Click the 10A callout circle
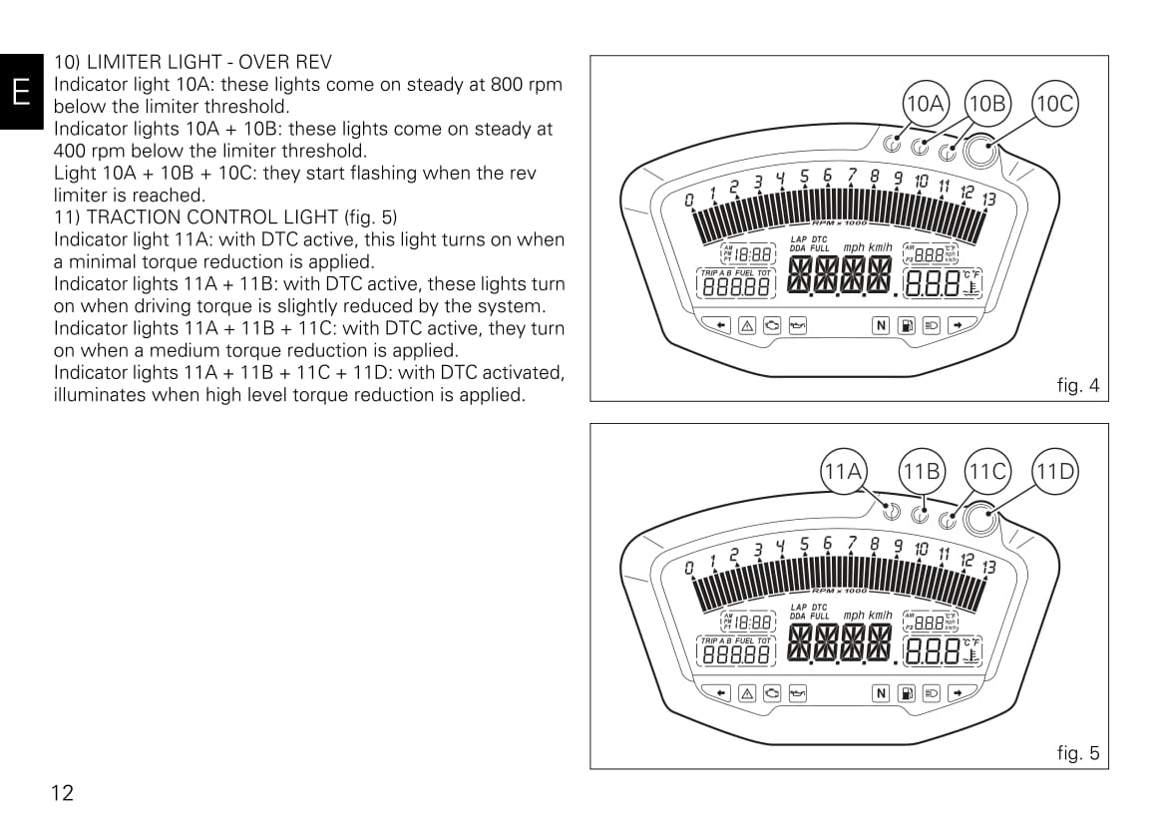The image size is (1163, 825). pyautogui.click(x=924, y=103)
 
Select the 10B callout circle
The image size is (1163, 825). pyautogui.click(x=987, y=103)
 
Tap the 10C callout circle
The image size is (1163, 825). pyautogui.click(x=1055, y=103)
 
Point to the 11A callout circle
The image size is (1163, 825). pyautogui.click(x=843, y=471)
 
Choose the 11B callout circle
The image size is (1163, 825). pyautogui.click(x=922, y=471)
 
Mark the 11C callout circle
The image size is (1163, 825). pyautogui.click(x=987, y=471)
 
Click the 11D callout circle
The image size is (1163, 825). pyautogui.click(x=1055, y=471)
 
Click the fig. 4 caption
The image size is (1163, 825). pyautogui.click(x=1077, y=385)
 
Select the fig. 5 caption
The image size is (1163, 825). pyautogui.click(x=1077, y=753)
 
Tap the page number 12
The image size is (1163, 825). pyautogui.click(x=62, y=793)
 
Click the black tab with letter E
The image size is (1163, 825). pyautogui.click(x=21, y=93)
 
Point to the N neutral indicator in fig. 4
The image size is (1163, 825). pyautogui.click(x=881, y=324)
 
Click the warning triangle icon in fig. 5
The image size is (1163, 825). pyautogui.click(x=746, y=692)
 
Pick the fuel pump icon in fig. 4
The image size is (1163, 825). pyautogui.click(x=907, y=324)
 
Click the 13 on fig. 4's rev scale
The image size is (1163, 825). pyautogui.click(x=988, y=200)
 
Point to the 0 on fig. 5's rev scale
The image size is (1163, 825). pyautogui.click(x=688, y=569)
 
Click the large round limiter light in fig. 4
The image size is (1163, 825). pyautogui.click(x=979, y=153)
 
